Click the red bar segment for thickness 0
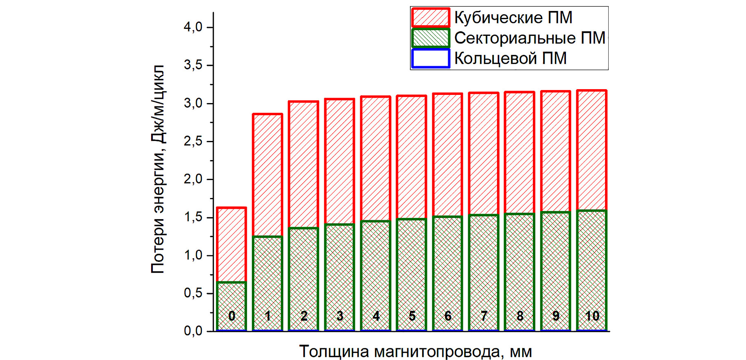(231, 244)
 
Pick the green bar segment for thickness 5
(412, 265)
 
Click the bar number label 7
(484, 316)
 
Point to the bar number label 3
(340, 316)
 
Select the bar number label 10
(592, 316)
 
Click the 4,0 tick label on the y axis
(193, 27)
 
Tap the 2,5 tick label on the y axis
(193, 141)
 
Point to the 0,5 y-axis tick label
(193, 293)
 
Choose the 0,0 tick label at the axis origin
(193, 331)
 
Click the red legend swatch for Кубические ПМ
(430, 18)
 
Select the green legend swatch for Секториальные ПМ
(430, 38)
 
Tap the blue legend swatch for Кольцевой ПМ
(430, 58)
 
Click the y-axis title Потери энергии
(158, 169)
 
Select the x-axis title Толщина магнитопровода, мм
(416, 351)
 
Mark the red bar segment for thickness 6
(448, 155)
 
